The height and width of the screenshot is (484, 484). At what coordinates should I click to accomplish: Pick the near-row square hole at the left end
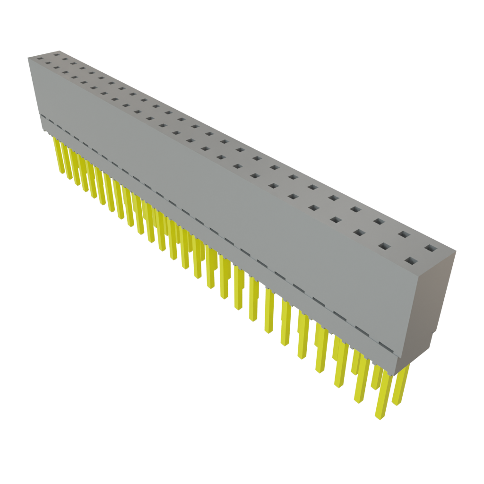40,60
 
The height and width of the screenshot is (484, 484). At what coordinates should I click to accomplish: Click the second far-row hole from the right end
403,234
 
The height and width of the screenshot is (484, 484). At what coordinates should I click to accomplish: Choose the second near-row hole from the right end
384,246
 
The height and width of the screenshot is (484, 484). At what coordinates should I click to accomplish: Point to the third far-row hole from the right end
378,221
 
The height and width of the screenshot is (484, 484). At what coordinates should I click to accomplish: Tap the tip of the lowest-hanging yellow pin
378,417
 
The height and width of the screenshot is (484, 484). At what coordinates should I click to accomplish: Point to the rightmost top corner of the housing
457,251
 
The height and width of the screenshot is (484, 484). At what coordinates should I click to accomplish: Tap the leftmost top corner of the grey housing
27,57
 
